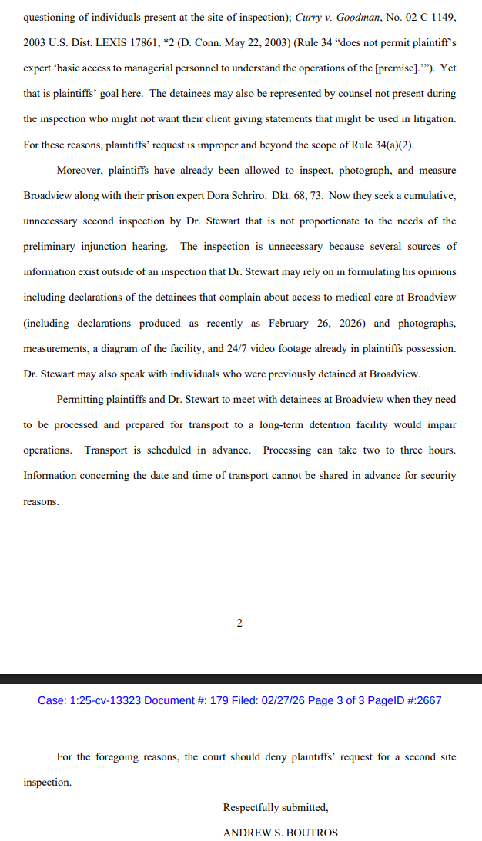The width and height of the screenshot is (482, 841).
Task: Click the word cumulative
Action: [x=427, y=195]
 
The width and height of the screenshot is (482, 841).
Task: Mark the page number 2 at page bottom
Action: [x=239, y=623]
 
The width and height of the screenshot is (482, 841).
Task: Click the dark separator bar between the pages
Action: [x=241, y=679]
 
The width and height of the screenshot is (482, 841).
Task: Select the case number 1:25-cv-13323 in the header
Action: [x=108, y=700]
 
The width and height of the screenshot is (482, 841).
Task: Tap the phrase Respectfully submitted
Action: [x=276, y=807]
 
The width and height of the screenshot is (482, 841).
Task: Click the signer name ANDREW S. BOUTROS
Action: [x=280, y=833]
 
